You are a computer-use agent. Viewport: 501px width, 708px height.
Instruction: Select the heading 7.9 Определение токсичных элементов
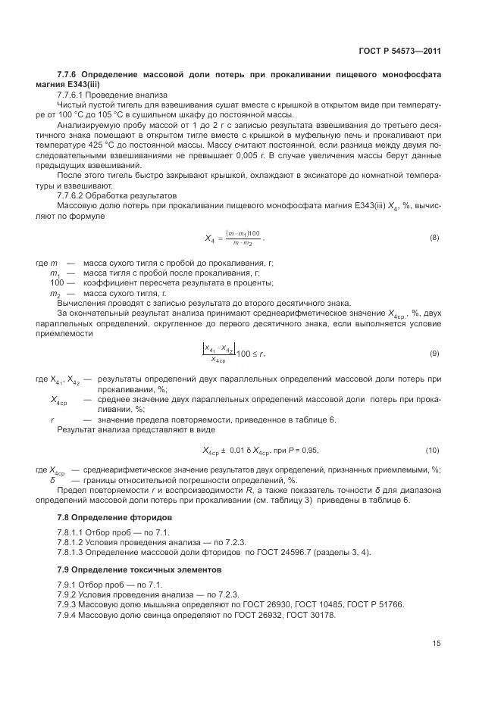click(x=142, y=568)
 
